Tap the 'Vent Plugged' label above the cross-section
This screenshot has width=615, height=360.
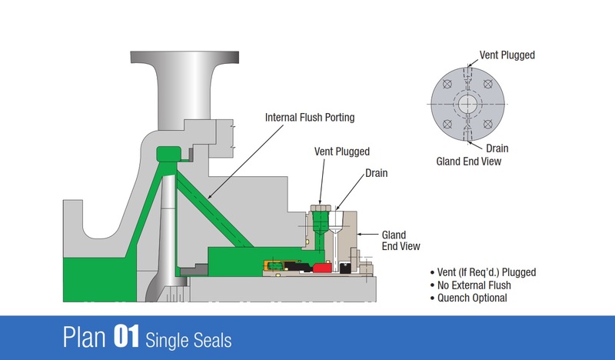pos(342,152)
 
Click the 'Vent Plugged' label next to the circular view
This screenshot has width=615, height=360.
pos(507,55)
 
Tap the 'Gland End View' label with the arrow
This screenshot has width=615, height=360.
pos(394,241)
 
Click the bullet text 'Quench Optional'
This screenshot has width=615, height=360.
pos(471,298)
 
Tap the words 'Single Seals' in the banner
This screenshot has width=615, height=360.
pos(188,338)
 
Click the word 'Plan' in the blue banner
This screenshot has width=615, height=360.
pos(85,338)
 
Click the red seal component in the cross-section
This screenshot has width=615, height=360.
pos(321,267)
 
